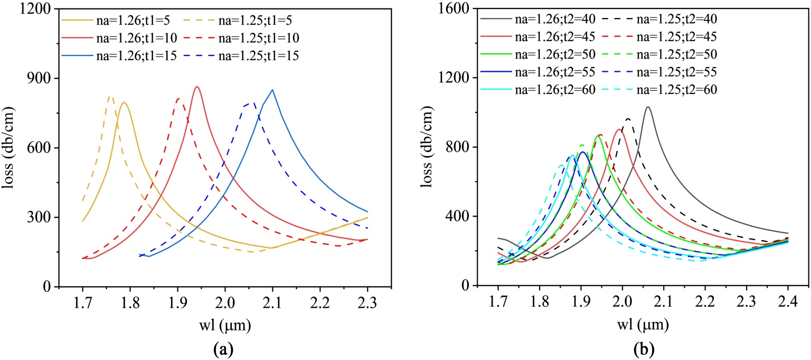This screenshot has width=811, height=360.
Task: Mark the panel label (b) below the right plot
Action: pos(639,348)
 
